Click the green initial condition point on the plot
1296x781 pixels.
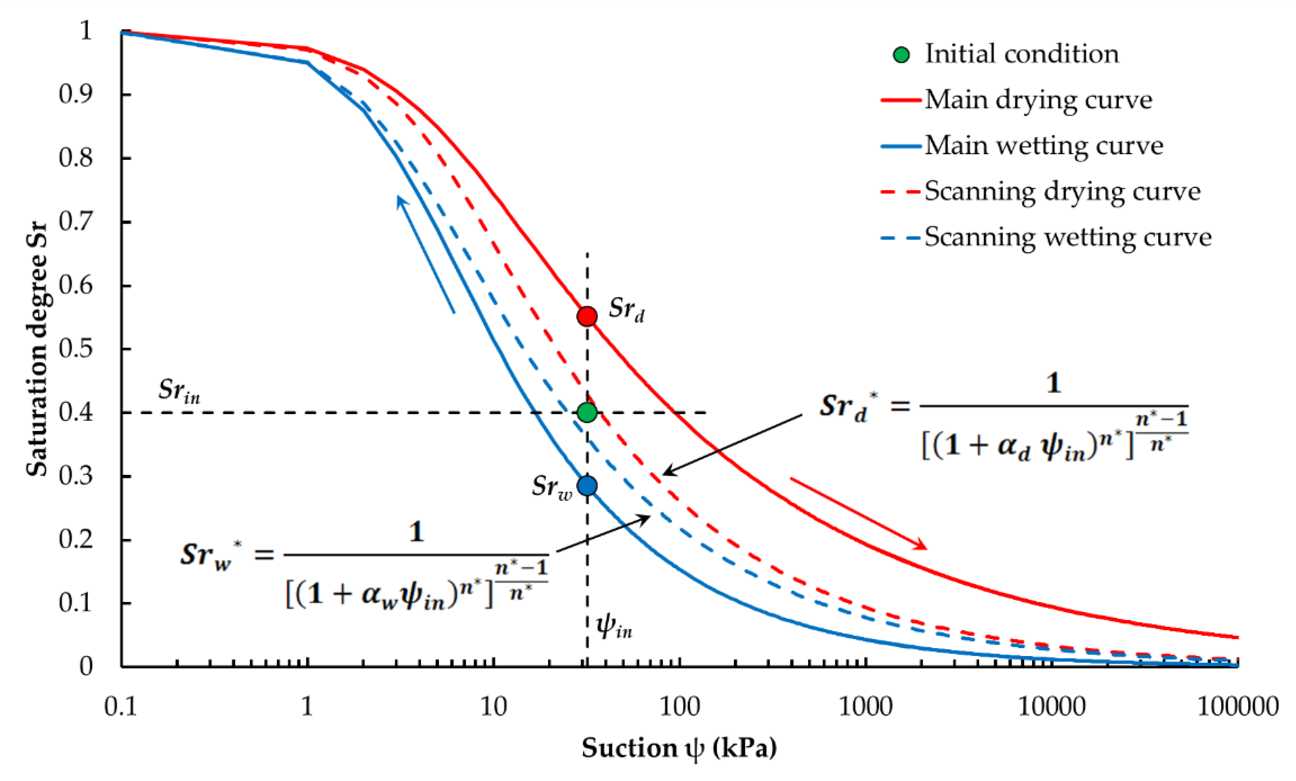(x=587, y=412)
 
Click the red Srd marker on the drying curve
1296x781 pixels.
(x=587, y=316)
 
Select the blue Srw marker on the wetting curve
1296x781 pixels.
(x=587, y=486)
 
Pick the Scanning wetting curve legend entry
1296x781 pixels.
(x=1068, y=237)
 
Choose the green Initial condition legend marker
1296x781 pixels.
(x=901, y=55)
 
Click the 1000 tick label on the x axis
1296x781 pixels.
(x=865, y=706)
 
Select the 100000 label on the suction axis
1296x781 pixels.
(x=1237, y=706)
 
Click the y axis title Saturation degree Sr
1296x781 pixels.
(x=37, y=349)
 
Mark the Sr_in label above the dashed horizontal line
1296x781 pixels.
(x=179, y=391)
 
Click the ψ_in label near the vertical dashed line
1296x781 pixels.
(x=613, y=626)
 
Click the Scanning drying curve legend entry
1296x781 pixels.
(x=1063, y=191)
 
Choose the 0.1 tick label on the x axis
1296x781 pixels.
(x=121, y=706)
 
